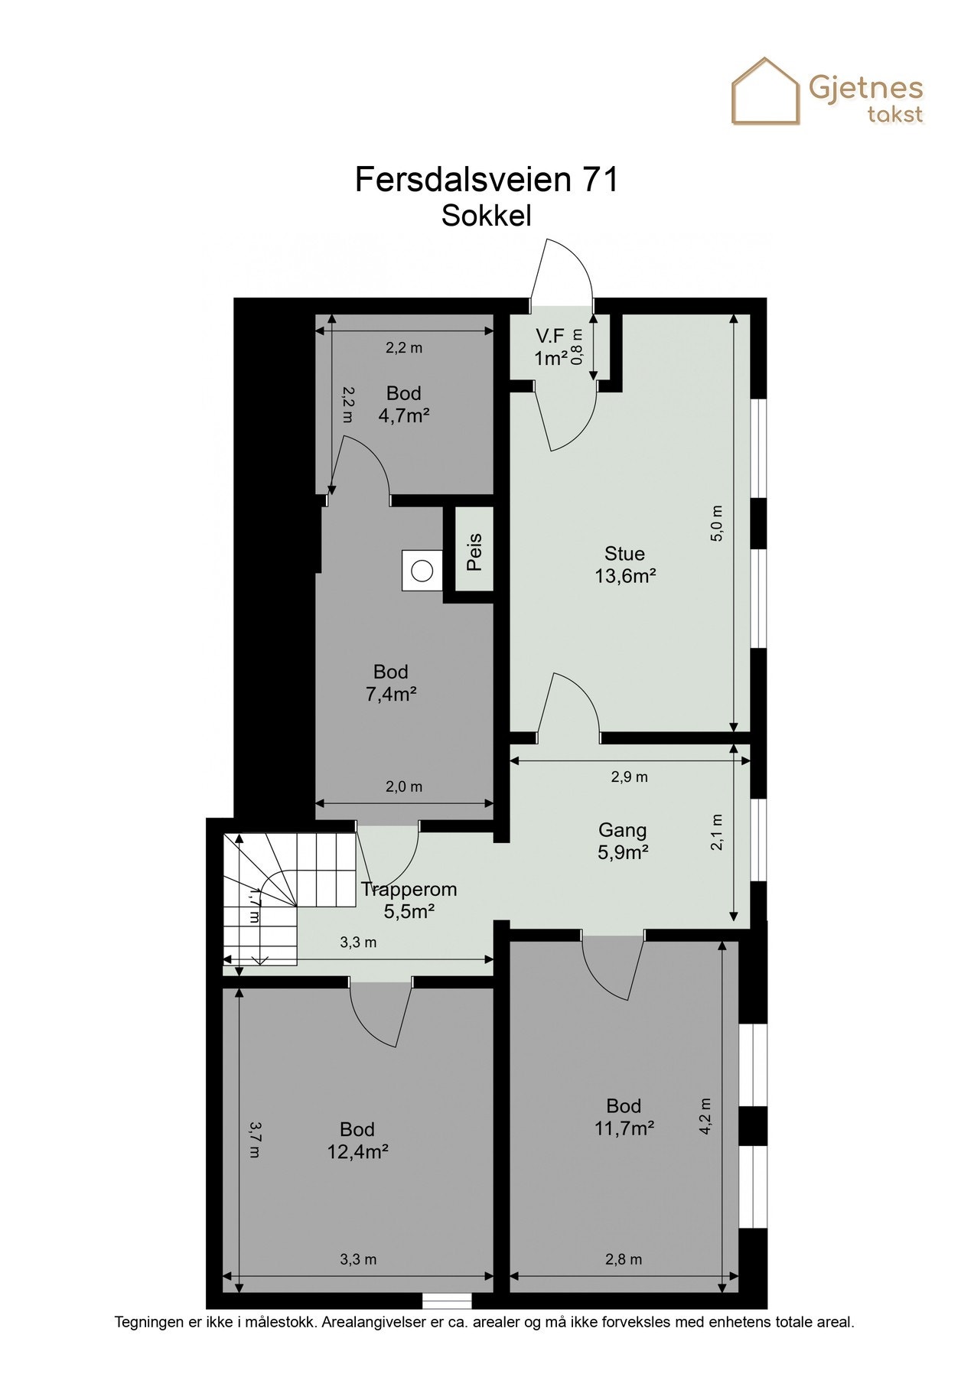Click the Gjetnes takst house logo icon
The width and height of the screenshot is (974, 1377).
pyautogui.click(x=765, y=92)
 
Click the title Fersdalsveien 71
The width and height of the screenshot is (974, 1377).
pyautogui.click(x=487, y=180)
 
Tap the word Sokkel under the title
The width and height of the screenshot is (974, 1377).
pyautogui.click(x=487, y=216)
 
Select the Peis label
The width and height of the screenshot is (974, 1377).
pyautogui.click(x=474, y=552)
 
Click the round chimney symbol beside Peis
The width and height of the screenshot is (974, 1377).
pyautogui.click(x=422, y=571)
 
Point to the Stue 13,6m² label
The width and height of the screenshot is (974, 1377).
pyautogui.click(x=625, y=565)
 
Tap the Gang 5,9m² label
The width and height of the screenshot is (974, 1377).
pyautogui.click(x=623, y=841)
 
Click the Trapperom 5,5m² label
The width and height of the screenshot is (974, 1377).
pyautogui.click(x=409, y=900)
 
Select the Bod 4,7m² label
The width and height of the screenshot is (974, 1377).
pyautogui.click(x=403, y=405)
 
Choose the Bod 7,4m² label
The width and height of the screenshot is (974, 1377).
pyautogui.click(x=391, y=683)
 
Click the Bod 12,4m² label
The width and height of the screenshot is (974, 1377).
pyautogui.click(x=357, y=1141)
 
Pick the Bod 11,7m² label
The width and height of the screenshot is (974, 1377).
pyautogui.click(x=624, y=1117)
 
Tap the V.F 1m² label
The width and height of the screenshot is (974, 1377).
pyautogui.click(x=551, y=347)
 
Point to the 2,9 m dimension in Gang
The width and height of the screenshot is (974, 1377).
pyautogui.click(x=629, y=777)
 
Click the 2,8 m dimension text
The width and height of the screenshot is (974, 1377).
pyautogui.click(x=624, y=1260)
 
